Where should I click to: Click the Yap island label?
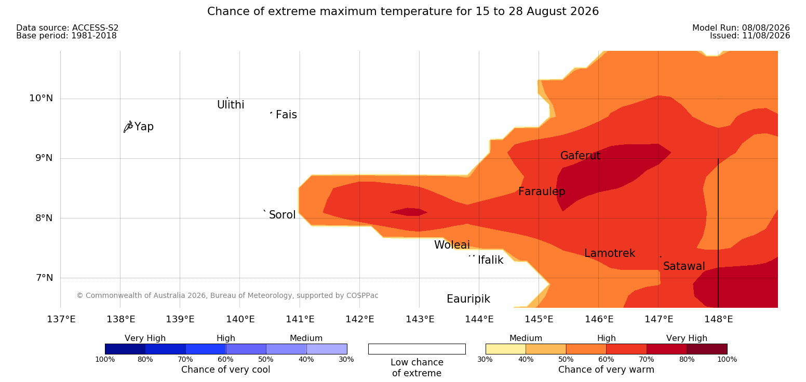144,127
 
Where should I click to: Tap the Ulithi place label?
231,105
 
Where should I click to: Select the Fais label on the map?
287,115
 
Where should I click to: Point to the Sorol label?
283,215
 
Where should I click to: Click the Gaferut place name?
581,155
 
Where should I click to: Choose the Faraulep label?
542,192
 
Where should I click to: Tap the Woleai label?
452,245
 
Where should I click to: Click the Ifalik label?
490,260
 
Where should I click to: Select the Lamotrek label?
610,253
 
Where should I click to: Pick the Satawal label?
684,266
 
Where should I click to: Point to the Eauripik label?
468,299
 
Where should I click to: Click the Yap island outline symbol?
128,127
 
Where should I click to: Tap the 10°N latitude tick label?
41,98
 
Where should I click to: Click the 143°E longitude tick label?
420,319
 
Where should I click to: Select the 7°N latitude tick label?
44,277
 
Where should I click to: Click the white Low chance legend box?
417,349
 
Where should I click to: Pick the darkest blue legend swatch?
125,349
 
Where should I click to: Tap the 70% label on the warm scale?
646,359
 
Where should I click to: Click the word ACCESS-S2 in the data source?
96,28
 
